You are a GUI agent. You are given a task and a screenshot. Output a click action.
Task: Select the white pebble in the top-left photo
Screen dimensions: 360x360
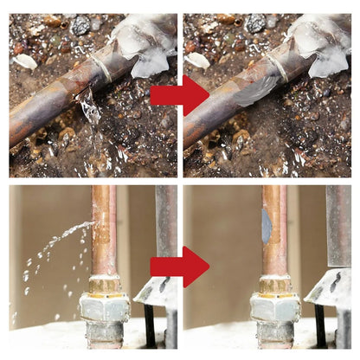click(x=26, y=61)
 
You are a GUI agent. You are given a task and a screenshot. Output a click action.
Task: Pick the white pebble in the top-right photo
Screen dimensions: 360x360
click(x=199, y=60)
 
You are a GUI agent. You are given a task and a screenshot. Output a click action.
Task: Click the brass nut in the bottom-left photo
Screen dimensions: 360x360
click(x=104, y=285)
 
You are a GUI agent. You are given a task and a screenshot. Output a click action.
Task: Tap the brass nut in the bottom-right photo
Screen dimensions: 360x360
click(x=275, y=285)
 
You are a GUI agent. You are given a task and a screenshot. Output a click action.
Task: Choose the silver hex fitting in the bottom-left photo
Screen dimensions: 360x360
click(x=104, y=307)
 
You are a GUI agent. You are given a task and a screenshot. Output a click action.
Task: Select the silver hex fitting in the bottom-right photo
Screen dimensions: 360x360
click(x=275, y=307)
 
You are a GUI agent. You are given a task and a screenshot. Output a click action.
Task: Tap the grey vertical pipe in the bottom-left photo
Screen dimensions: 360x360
click(x=165, y=225)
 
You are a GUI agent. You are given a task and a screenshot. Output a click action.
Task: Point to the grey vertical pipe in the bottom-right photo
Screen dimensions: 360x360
click(x=337, y=225)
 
